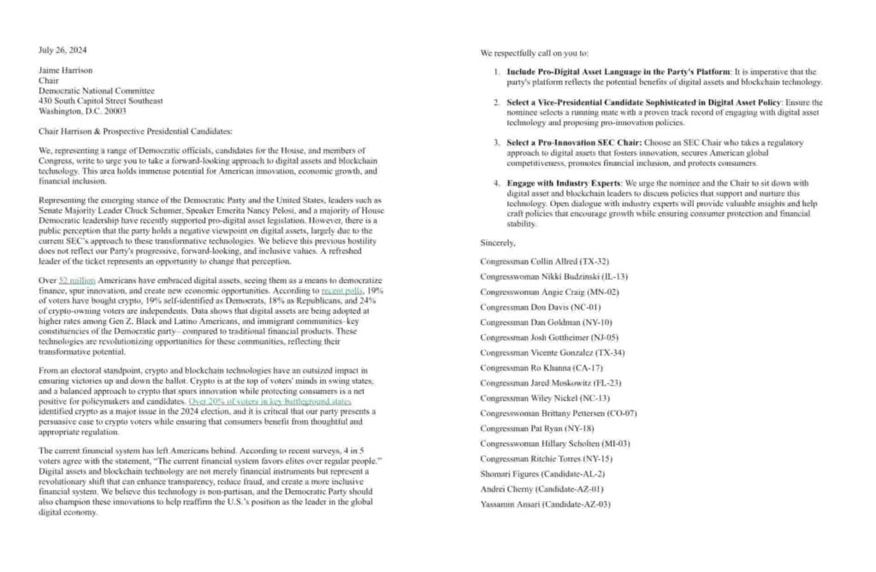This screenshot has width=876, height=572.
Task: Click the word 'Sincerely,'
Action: click(x=499, y=245)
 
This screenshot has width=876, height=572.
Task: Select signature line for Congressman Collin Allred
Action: click(x=544, y=260)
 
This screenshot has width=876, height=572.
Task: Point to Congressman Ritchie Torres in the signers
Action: click(x=547, y=459)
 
